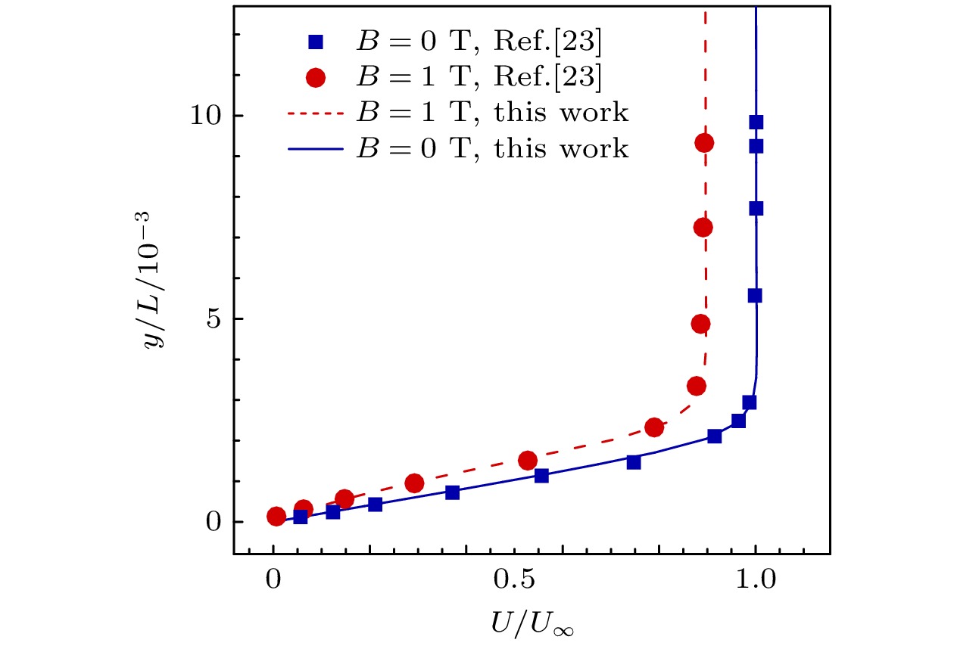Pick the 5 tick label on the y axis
click(x=216, y=320)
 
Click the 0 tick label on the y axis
click(x=216, y=523)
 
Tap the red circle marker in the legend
click(x=319, y=77)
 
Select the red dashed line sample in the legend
click(x=319, y=113)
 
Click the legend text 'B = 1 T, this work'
click(x=492, y=113)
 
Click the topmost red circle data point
click(x=705, y=143)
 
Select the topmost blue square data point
click(x=756, y=123)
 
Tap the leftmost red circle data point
click(x=276, y=517)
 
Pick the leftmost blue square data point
click(x=301, y=517)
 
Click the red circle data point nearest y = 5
click(x=701, y=324)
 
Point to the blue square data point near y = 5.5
click(x=755, y=296)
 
